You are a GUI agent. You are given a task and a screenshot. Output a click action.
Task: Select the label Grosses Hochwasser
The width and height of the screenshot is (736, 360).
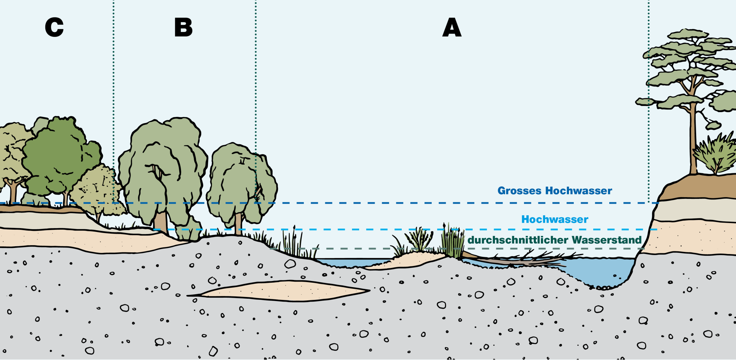coord(555,191)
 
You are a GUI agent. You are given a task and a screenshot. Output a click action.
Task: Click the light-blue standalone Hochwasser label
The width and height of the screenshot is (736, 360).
coord(555,219)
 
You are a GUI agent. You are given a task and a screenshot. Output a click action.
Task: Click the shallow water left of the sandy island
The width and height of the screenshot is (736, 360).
coord(351,263)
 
